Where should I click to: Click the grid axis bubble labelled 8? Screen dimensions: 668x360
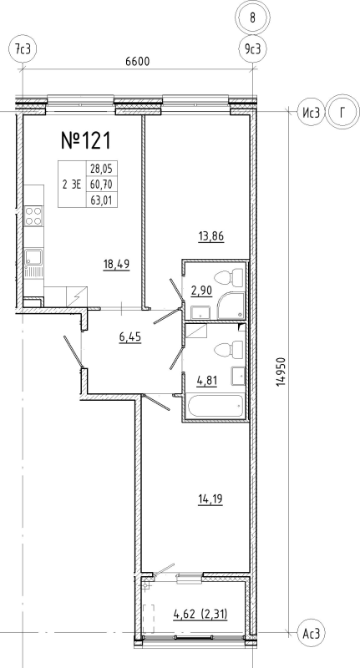tap(253, 16)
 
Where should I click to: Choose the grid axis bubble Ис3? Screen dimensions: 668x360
tap(311, 111)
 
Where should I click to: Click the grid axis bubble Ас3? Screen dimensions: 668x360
tap(311, 635)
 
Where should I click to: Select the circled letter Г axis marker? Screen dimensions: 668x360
tap(342, 111)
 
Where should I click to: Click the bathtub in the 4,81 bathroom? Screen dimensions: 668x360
tap(215, 408)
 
